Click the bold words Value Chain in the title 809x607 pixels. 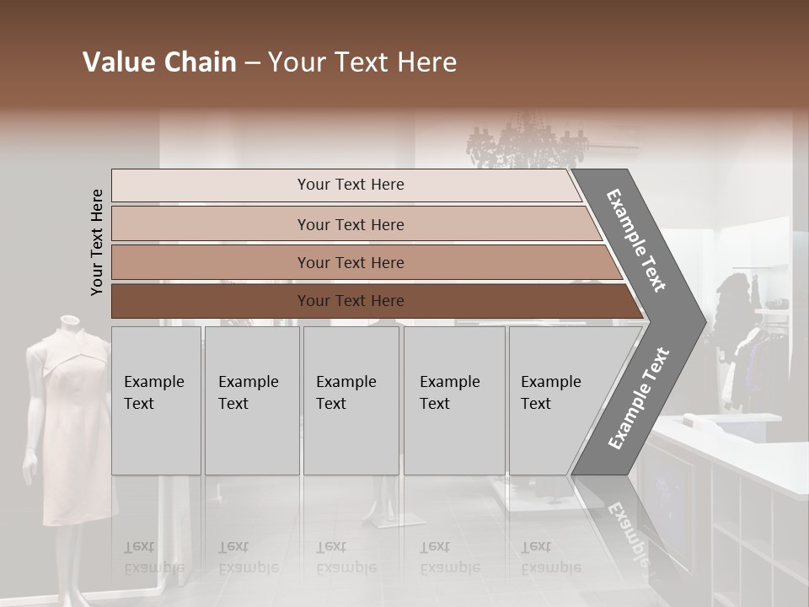coord(159,62)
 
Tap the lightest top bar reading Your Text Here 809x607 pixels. coord(350,185)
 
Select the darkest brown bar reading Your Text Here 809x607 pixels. coord(350,301)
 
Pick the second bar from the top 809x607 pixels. coord(350,224)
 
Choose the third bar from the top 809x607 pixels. coord(350,262)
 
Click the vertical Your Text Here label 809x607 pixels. coord(97,242)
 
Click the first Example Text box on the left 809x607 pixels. coord(156,400)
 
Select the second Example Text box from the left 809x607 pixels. coord(251,400)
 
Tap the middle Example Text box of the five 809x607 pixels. coord(351,400)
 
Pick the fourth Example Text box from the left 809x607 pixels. coord(454,400)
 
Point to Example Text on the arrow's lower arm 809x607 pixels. coord(639,398)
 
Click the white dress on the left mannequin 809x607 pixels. coord(71,422)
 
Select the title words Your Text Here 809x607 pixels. coord(362,62)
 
